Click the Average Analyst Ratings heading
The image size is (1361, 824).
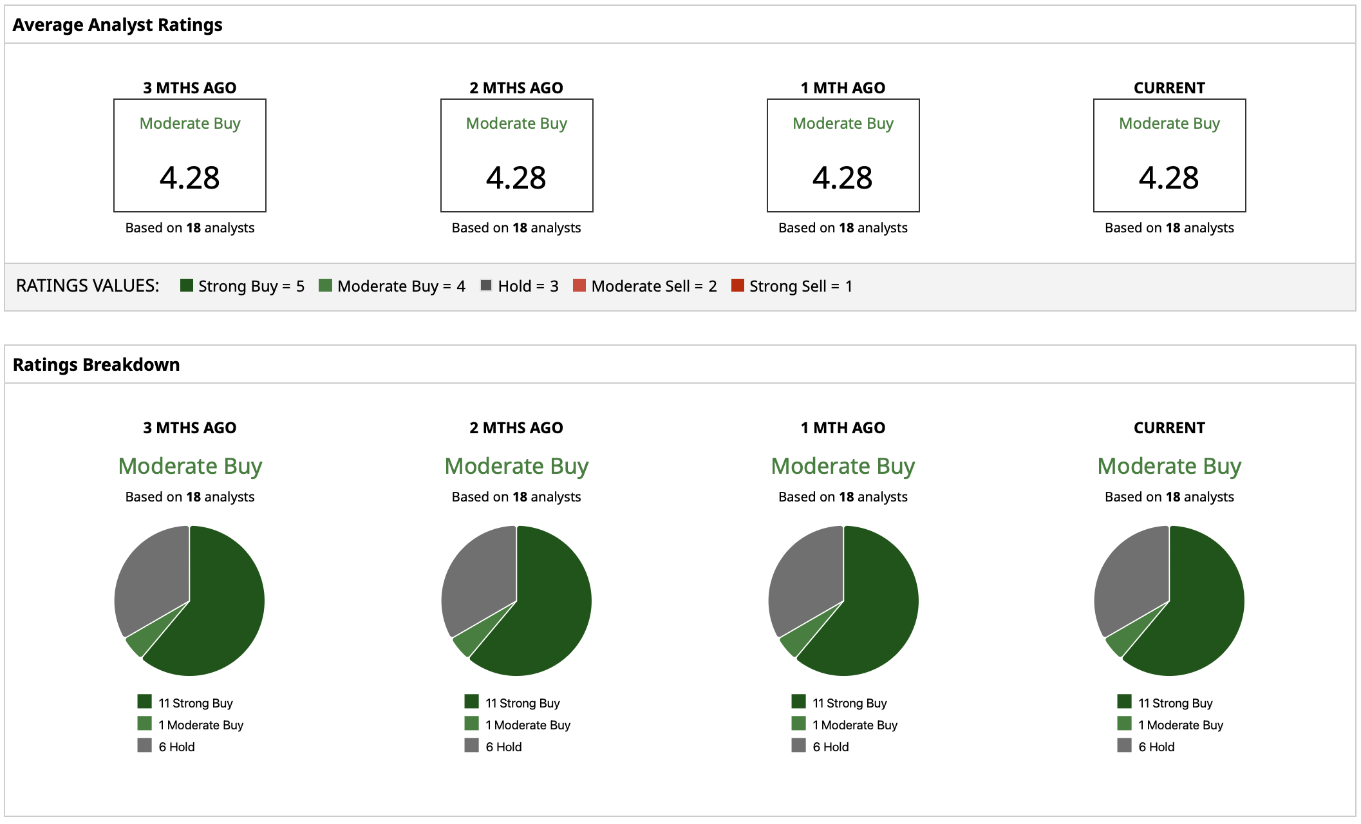coord(117,25)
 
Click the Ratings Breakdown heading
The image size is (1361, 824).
coord(96,365)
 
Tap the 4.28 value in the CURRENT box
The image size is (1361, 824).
coord(1169,178)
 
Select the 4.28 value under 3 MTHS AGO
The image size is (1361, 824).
coord(189,178)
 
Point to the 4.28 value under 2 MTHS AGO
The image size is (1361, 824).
coord(516,178)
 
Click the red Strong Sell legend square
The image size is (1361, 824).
coord(738,285)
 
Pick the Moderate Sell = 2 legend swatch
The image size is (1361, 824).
coord(579,285)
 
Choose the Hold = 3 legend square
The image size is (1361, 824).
coord(486,285)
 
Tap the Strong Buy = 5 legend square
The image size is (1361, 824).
coord(187,285)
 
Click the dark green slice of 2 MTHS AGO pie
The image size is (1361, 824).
coord(547,612)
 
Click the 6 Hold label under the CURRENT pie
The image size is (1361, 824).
coord(1156,747)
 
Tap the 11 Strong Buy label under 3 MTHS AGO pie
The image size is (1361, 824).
coord(196,703)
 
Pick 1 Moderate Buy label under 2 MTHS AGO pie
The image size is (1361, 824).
coord(528,725)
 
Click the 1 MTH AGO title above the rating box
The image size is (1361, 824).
coord(843,88)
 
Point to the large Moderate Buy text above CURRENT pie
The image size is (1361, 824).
coord(1169,466)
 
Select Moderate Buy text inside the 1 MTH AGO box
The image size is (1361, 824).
coord(843,123)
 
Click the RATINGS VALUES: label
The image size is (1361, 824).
coord(88,286)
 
